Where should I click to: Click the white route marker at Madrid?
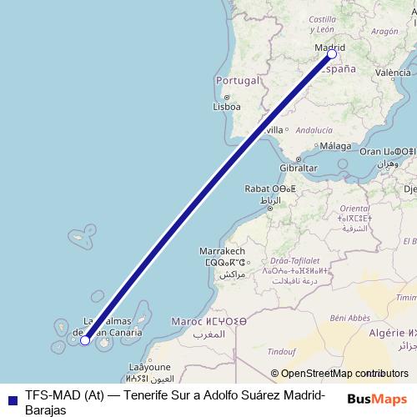(332, 54)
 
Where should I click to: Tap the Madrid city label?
(329, 48)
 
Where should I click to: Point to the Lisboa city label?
(227, 107)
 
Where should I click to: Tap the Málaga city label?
(335, 146)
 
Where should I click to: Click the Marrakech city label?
(222, 251)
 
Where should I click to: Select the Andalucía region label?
(314, 130)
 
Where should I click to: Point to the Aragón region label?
(384, 31)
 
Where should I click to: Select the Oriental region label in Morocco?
(354, 208)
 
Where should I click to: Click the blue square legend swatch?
(11, 399)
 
